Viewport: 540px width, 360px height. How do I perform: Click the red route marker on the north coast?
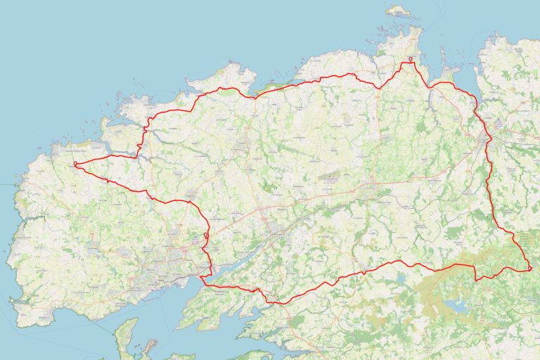[x=411, y=60]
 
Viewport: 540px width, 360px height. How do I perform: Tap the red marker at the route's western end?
[x=75, y=165]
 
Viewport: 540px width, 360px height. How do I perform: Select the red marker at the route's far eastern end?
[x=529, y=269]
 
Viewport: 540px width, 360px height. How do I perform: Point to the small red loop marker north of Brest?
[x=205, y=235]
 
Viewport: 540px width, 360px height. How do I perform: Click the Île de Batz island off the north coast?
[x=399, y=11]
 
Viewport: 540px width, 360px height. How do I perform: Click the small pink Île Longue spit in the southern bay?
[x=148, y=347]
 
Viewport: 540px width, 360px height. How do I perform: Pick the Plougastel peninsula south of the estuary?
[x=211, y=302]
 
